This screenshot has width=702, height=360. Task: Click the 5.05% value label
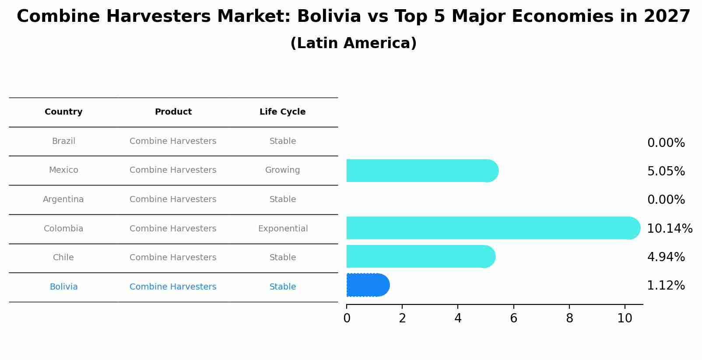point(666,171)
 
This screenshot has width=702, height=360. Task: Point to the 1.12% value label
point(666,286)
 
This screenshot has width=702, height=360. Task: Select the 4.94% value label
point(666,257)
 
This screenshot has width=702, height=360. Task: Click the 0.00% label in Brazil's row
point(666,143)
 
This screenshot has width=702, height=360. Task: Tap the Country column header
point(63,112)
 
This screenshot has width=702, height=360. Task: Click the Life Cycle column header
point(282,112)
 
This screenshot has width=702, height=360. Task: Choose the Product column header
point(173,112)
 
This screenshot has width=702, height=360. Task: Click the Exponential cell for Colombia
point(283,229)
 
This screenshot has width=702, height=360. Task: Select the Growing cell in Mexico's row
point(282,170)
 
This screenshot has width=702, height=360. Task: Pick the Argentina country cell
point(63,199)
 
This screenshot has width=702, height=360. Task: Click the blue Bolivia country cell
point(63,287)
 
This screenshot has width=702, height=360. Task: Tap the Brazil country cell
point(63,141)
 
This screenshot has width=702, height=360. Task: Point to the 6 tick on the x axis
point(513,318)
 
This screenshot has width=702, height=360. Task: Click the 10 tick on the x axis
point(625,318)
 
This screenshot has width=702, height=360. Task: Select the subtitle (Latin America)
point(353,43)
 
